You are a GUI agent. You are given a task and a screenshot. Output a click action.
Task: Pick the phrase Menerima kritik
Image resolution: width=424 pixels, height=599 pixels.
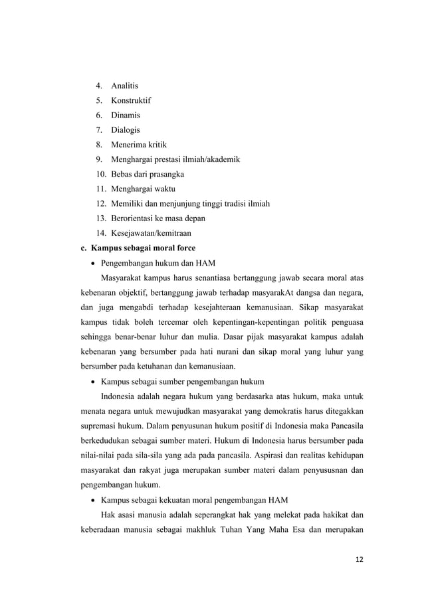[138, 145]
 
